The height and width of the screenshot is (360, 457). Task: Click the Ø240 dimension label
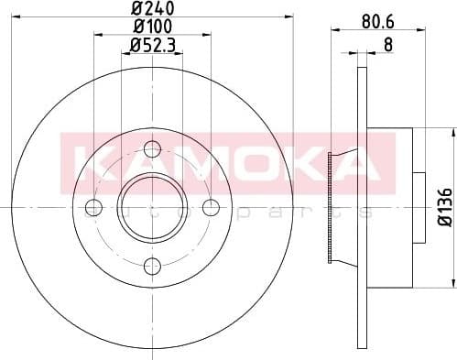point(152,10)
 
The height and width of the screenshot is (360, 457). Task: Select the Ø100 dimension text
point(152,28)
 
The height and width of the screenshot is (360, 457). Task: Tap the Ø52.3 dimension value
point(152,46)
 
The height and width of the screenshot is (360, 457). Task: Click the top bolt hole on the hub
point(152,148)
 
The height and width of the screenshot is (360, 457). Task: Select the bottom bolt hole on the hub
point(152,267)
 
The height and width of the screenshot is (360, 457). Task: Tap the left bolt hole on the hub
point(92,208)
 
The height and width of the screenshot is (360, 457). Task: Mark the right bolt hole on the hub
point(212,208)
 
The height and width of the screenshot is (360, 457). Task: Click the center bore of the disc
point(152,208)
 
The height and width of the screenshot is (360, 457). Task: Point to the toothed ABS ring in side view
point(331,208)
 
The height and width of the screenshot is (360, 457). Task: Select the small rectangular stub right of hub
point(419,208)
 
